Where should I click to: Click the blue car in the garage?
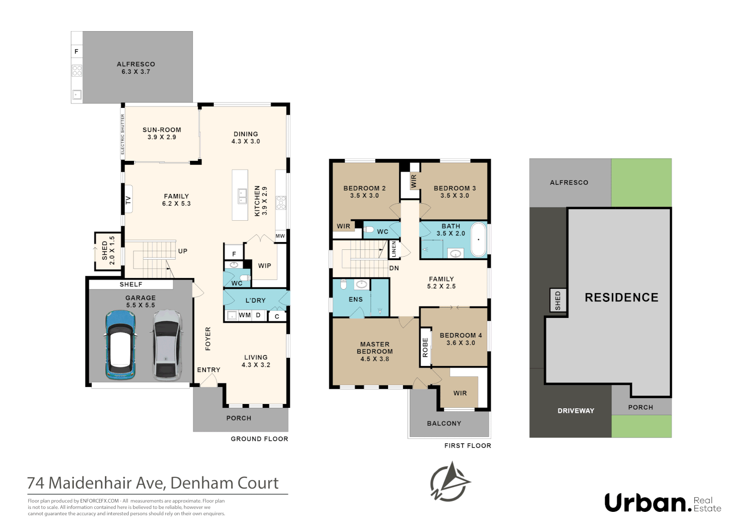[x=120, y=345]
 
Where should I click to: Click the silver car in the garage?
[x=167, y=345]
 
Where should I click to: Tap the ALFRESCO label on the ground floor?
[x=136, y=64]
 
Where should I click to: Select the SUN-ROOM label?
[x=162, y=130]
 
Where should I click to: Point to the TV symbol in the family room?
[x=129, y=199]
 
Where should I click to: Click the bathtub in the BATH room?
[x=478, y=240]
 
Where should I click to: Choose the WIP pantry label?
[x=265, y=266]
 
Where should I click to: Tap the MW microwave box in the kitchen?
[x=280, y=236]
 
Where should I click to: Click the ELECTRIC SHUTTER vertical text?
[x=122, y=134]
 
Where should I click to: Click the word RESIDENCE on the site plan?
[x=621, y=297]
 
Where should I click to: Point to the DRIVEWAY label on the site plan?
[x=575, y=411]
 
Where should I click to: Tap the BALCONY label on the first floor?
[x=444, y=423]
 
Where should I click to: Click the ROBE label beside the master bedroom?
[x=425, y=348]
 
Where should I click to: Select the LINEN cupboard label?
[x=394, y=249]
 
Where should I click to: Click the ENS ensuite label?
[x=355, y=299]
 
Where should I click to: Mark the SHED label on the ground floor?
[x=105, y=250]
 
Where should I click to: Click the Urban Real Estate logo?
[x=662, y=503]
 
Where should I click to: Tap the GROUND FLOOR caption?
[x=259, y=439]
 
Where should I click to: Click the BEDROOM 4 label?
[x=460, y=335]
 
